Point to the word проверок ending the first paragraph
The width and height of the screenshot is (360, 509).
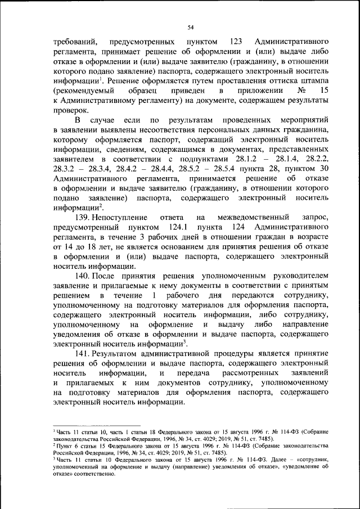point(70,110)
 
